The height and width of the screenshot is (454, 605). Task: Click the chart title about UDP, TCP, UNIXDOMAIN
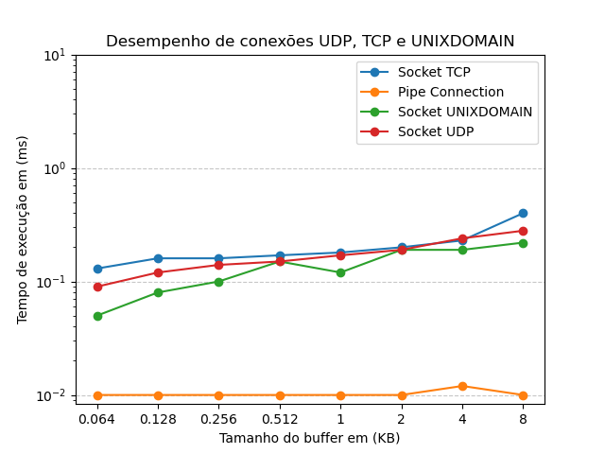coord(310,42)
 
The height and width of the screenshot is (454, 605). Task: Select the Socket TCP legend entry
coord(434,72)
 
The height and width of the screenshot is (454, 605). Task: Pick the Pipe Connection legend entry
coord(450,92)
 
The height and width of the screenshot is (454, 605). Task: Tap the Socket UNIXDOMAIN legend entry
coord(464,112)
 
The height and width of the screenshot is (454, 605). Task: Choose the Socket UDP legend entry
coord(436,131)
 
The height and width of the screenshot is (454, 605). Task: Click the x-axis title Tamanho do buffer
coord(310,438)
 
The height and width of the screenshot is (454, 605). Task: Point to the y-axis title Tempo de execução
coord(23,229)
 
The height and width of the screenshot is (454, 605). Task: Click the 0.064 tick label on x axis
coord(97,418)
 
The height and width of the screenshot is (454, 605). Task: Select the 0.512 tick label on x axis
coord(280,418)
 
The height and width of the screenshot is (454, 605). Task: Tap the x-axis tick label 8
coord(523,418)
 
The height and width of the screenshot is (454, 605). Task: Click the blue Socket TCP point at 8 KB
coord(523,214)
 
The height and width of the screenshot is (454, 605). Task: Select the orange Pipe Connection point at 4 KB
coord(462,386)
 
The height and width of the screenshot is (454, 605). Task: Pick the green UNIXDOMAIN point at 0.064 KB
coord(97,316)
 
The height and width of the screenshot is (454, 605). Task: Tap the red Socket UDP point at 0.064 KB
coord(97,287)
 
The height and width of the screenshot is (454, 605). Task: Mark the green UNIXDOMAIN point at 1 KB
coord(340,272)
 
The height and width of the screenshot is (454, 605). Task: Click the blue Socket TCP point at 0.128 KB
coord(158,258)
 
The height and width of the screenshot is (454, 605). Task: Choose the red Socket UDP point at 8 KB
coord(523,231)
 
